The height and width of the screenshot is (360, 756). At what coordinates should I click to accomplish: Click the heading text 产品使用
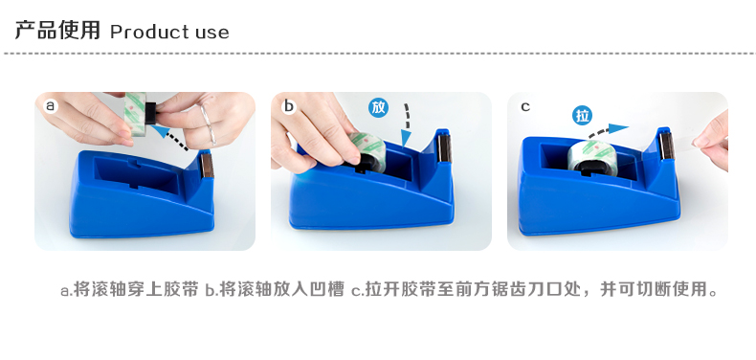click(x=57, y=30)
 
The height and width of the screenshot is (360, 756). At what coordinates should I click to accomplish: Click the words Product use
click(x=169, y=32)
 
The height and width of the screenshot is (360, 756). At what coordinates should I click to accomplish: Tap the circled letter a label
click(x=50, y=105)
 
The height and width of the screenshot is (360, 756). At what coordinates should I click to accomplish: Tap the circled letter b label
click(x=288, y=105)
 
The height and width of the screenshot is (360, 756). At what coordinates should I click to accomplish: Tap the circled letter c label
click(x=525, y=106)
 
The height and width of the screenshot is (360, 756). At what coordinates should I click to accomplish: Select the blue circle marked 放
click(x=379, y=107)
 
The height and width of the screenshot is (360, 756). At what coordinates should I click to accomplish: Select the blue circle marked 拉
click(x=583, y=116)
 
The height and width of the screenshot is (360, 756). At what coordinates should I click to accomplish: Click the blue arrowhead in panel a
click(x=162, y=131)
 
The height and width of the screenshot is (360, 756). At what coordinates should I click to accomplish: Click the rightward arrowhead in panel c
click(x=618, y=128)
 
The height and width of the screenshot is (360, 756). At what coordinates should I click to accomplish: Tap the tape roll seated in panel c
click(x=591, y=155)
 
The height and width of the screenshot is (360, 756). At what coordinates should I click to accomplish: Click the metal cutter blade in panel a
click(x=207, y=165)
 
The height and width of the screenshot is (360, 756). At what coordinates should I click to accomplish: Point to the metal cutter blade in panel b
click(x=444, y=147)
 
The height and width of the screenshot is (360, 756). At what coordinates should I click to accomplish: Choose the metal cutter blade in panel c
click(x=666, y=146)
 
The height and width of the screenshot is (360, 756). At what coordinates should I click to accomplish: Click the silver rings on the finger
click(x=208, y=124)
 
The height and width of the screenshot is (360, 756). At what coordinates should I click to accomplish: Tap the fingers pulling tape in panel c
click(x=712, y=141)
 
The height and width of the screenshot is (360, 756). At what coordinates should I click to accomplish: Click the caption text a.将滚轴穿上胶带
click(x=129, y=289)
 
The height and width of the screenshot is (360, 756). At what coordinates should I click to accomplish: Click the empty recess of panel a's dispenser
click(x=138, y=174)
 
